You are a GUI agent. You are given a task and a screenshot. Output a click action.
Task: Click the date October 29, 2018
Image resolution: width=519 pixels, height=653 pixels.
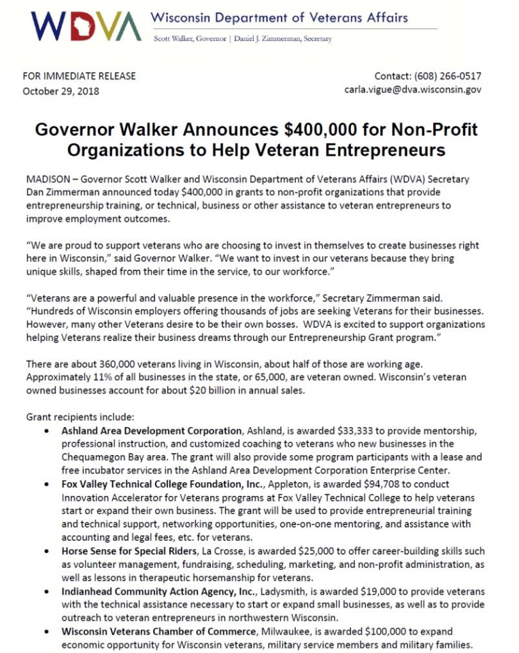pos(61,91)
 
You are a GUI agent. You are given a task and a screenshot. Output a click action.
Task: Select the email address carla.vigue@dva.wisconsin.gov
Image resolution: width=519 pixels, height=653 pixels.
pos(413,90)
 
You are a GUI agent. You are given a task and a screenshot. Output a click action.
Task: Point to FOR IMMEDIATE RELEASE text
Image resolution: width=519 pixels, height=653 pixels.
pos(80,76)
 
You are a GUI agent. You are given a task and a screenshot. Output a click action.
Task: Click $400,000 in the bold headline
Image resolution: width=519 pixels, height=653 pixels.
pos(299,129)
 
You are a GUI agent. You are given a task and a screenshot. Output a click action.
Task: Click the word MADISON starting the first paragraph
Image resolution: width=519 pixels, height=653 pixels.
pos(47,180)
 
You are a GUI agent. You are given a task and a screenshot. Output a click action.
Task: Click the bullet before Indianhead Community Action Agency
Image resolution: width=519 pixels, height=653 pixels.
pos(46,592)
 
